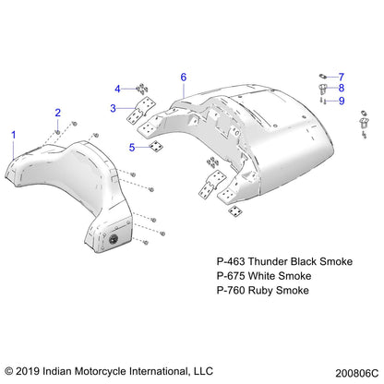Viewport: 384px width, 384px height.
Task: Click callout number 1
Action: pos(14,135)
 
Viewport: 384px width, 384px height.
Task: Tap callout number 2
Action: pos(57,113)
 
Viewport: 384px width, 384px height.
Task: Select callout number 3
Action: pos(113,108)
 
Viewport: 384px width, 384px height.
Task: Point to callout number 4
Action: pos(117,89)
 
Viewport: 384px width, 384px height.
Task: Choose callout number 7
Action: pos(341,76)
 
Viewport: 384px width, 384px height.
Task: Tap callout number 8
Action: pos(341,88)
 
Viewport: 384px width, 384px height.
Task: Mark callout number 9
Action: pos(341,101)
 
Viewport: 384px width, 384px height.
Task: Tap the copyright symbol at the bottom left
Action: pos(10,368)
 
